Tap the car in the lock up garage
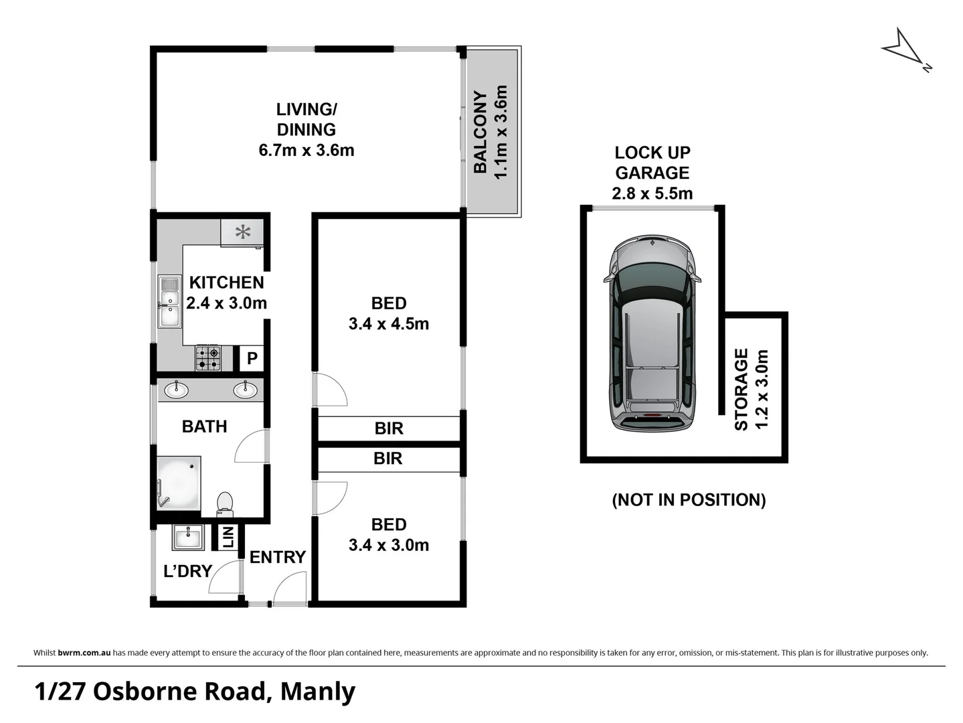652,333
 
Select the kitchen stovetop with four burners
208,357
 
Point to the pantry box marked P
252,358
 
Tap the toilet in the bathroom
225,503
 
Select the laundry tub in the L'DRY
189,538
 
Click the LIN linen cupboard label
228,537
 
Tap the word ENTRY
277,557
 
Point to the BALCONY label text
480,133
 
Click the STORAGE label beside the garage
741,389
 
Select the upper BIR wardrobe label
389,428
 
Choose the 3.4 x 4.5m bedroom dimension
389,324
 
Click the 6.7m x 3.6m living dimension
307,150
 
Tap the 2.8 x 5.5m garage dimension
652,193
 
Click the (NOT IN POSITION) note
689,499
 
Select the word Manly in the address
318,692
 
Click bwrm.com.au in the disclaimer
84,653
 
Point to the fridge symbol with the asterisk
242,232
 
